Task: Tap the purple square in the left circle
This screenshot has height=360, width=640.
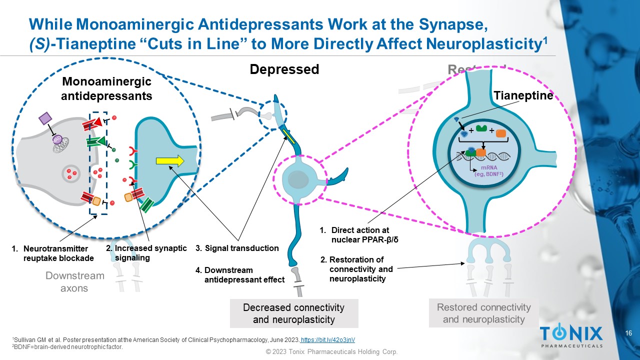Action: tap(45, 118)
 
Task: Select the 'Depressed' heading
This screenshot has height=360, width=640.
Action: tap(284, 69)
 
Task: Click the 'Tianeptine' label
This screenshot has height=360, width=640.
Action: tap(523, 95)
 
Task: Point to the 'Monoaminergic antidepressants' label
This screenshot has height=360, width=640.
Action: tap(106, 88)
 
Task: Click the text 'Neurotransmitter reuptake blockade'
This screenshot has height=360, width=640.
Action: tap(54, 253)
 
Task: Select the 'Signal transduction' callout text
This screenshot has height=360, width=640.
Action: tap(237, 248)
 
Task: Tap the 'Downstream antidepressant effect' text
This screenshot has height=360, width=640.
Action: tap(240, 275)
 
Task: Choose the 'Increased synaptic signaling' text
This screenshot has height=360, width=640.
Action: tap(146, 253)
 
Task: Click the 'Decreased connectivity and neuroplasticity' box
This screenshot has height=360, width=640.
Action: tap(294, 313)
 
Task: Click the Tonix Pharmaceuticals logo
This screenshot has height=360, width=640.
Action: tap(571, 335)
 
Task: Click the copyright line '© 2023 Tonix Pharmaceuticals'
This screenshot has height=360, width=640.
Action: tap(331, 352)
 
